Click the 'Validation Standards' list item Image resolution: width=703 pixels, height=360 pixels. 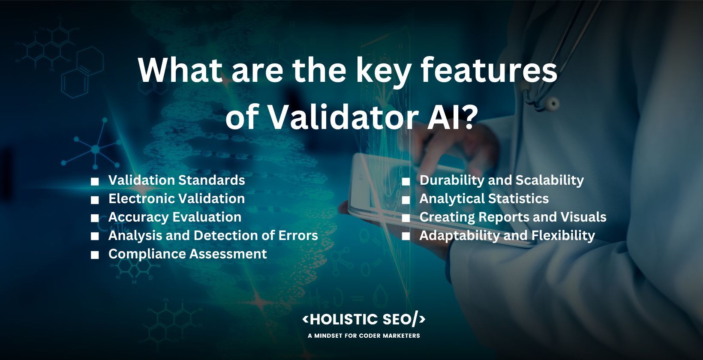pyautogui.click(x=177, y=180)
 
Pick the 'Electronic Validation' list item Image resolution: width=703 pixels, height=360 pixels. pyautogui.click(x=177, y=198)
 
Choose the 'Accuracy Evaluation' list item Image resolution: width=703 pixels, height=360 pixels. pyautogui.click(x=175, y=217)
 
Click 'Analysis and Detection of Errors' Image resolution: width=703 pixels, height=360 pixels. pyautogui.click(x=213, y=235)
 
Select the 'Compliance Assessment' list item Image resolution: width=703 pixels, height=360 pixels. pyautogui.click(x=188, y=254)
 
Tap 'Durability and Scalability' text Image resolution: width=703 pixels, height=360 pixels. pyautogui.click(x=502, y=180)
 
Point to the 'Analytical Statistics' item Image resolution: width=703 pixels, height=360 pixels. pyautogui.click(x=484, y=198)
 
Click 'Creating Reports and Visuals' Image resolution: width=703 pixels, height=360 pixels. pyautogui.click(x=513, y=217)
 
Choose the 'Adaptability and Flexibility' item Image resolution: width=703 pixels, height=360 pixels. pyautogui.click(x=507, y=235)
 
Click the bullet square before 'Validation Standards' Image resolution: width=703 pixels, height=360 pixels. pyautogui.click(x=95, y=181)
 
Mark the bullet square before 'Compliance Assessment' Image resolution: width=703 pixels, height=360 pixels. pyautogui.click(x=95, y=255)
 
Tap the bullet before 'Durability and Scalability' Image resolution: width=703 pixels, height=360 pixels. pyautogui.click(x=406, y=181)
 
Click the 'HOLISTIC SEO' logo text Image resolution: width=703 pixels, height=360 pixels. pyautogui.click(x=364, y=319)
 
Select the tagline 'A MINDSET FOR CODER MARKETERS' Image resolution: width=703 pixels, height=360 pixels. pyautogui.click(x=364, y=336)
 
